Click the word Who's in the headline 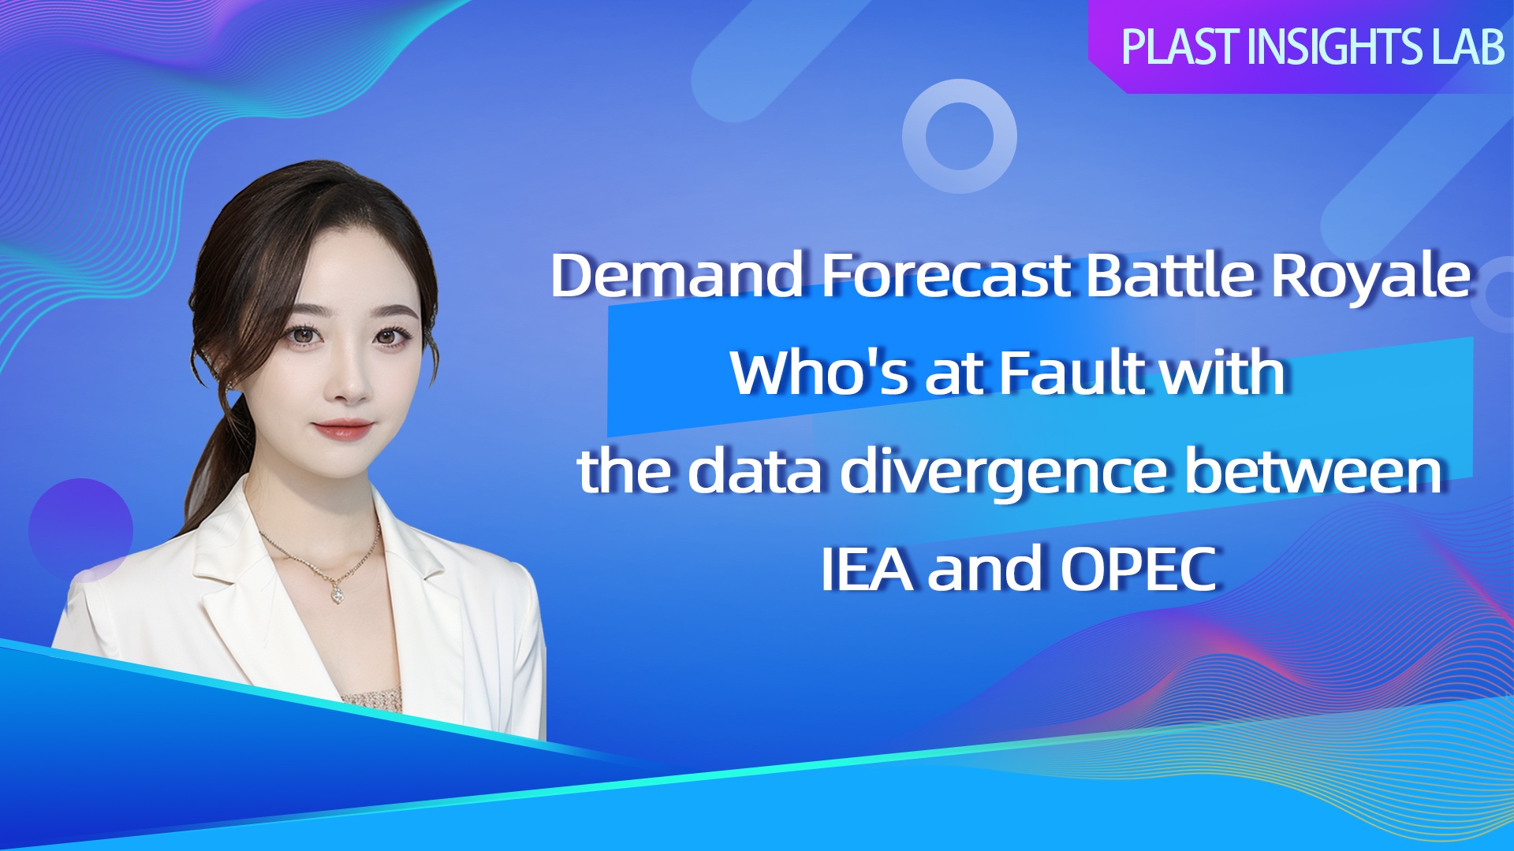click(819, 372)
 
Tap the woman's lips click(342, 429)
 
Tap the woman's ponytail click(213, 465)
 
